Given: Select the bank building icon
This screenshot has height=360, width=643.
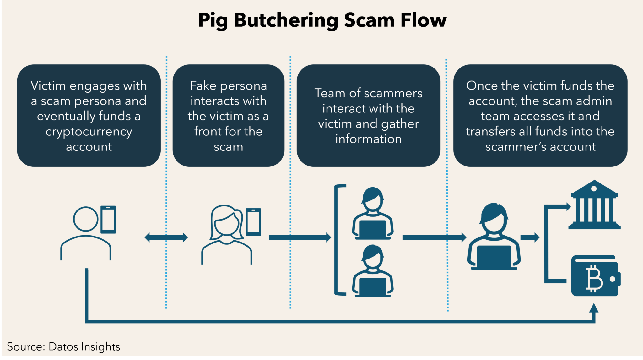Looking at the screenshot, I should [x=594, y=205].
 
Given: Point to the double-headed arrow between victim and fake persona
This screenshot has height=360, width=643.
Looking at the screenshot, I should [x=166, y=237].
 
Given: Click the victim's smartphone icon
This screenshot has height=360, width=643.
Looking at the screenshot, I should [x=108, y=219].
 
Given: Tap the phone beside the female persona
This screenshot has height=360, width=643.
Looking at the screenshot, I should [x=253, y=222].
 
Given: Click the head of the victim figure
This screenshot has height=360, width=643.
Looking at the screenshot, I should [x=85, y=219].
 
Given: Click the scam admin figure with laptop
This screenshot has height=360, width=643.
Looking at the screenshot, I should [x=494, y=237].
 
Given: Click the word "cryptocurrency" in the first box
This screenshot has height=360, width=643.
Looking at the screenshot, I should [x=89, y=132].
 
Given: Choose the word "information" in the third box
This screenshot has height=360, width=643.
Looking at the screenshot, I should [x=368, y=139].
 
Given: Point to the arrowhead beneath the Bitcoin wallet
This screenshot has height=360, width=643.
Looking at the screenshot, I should [x=593, y=308].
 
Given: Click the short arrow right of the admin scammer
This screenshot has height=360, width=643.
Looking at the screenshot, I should [x=530, y=237].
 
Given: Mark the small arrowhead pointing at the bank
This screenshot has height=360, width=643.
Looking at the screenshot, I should [x=568, y=207].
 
